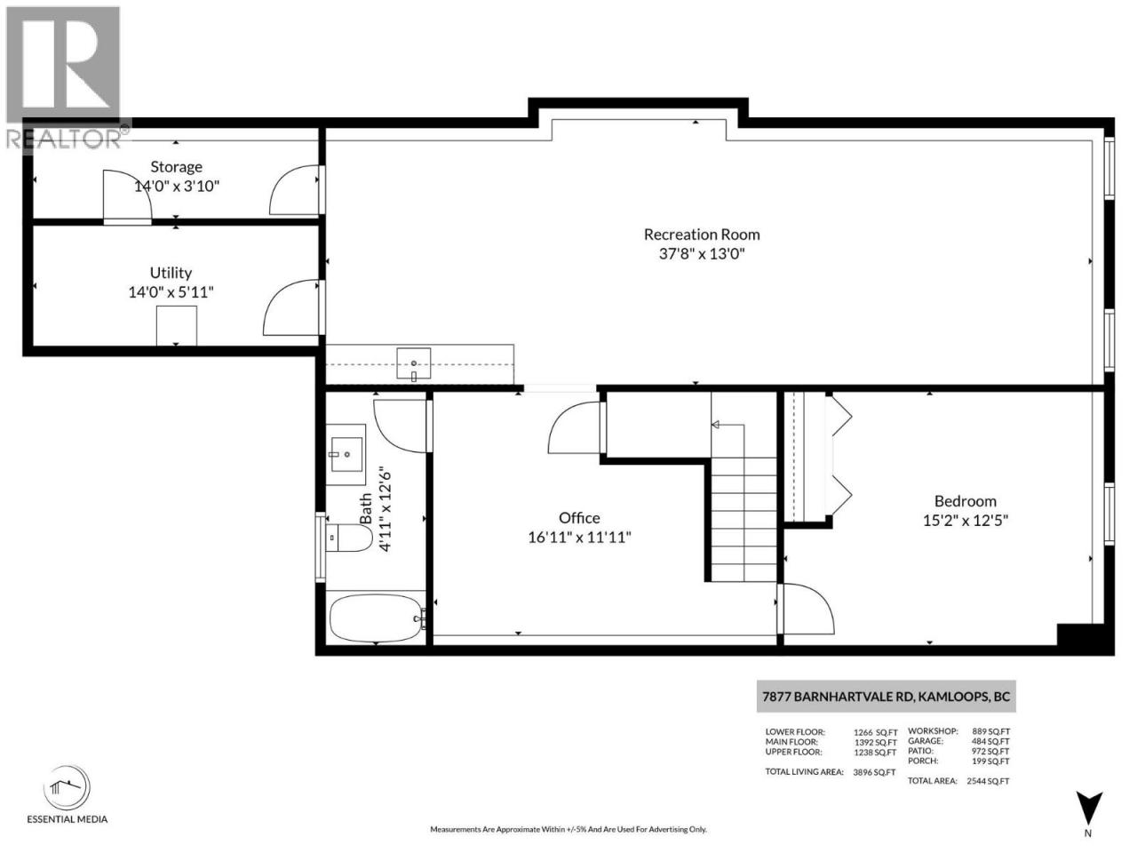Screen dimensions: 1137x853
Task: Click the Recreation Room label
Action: pos(702,235)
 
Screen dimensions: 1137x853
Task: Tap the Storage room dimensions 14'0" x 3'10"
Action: pos(177,186)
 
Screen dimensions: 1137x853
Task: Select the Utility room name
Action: pos(171,273)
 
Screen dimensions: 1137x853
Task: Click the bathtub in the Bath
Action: pos(376,618)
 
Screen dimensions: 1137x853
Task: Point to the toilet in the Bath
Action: pos(348,538)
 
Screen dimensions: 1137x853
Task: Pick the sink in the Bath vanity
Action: pos(346,454)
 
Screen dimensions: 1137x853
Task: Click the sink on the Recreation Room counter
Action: pos(413,363)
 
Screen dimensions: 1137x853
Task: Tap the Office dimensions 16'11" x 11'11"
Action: pos(579,538)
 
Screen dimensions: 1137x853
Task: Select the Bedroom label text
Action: pos(965,501)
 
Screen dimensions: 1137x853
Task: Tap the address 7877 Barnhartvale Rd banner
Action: pos(886,697)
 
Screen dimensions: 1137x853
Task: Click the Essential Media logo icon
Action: pos(67,788)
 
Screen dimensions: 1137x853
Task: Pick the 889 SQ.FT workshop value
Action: pos(991,731)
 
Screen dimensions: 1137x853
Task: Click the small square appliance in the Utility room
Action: pos(176,325)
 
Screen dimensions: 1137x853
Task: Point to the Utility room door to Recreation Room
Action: pos(290,307)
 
